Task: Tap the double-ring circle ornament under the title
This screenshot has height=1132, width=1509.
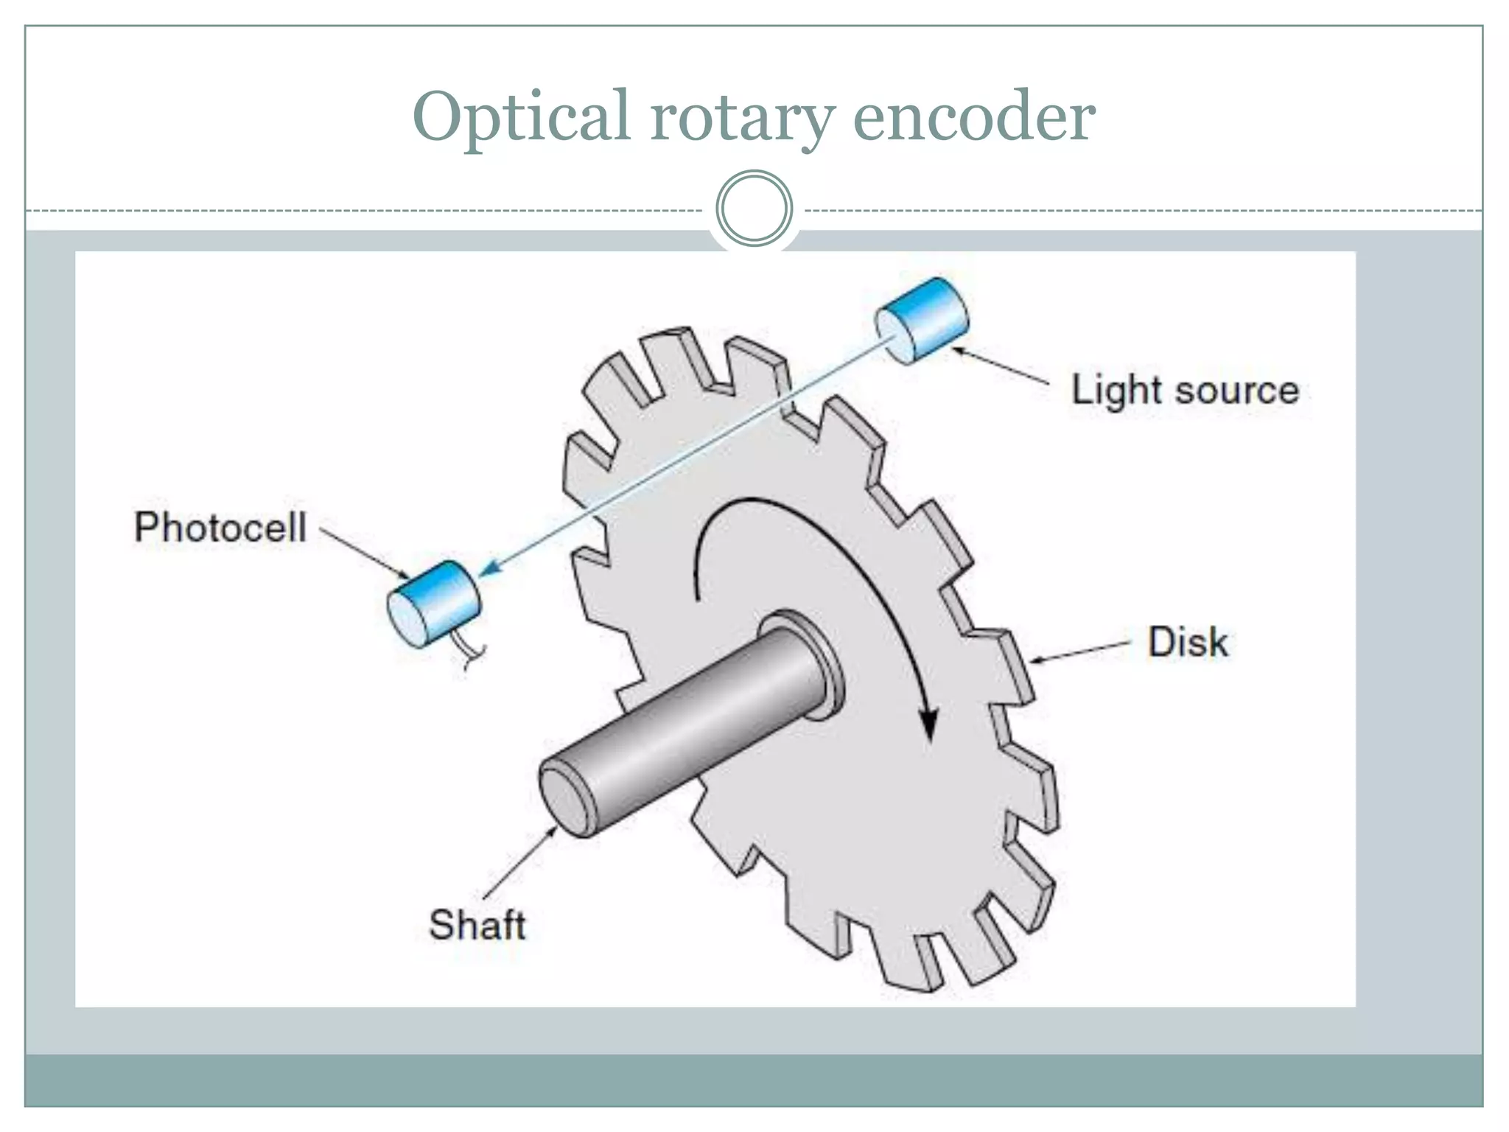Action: [754, 208]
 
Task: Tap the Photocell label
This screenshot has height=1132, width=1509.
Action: [220, 528]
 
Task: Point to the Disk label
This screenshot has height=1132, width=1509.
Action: [1187, 642]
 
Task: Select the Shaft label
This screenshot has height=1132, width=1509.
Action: [477, 925]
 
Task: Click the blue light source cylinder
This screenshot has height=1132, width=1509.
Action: [922, 321]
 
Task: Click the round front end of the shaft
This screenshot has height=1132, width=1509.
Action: [566, 800]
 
